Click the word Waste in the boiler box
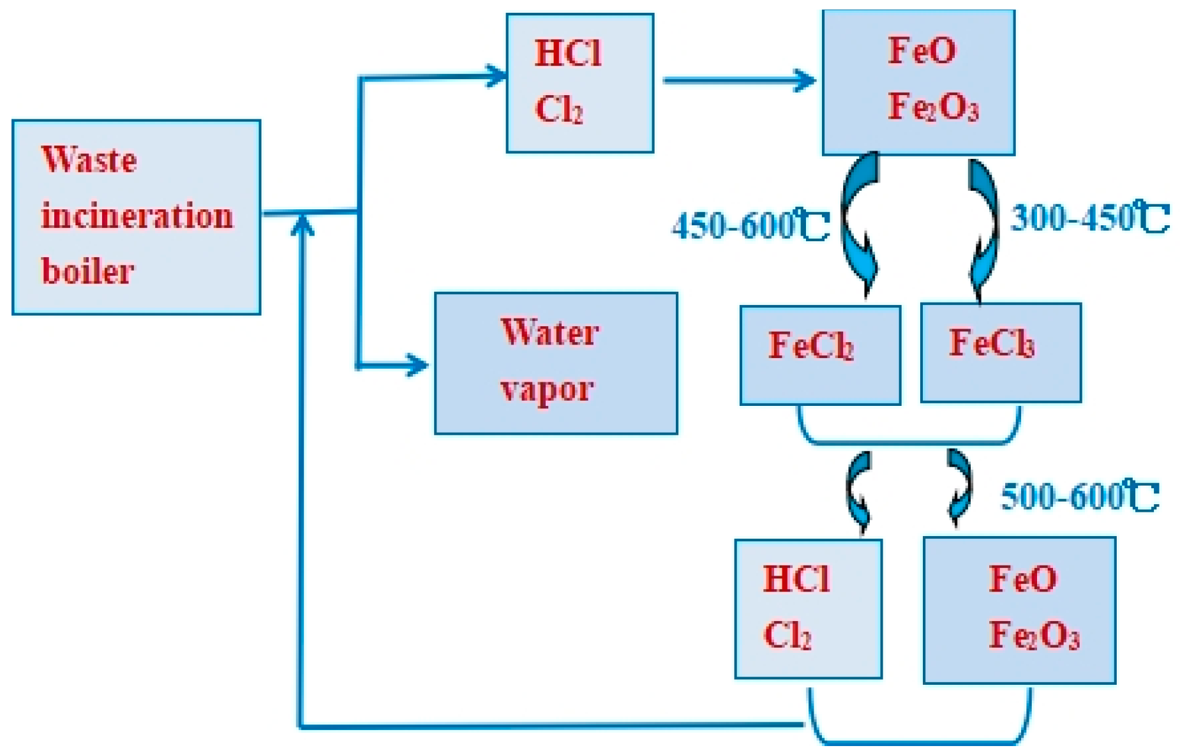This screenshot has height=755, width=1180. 89,160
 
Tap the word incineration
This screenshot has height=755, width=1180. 137,216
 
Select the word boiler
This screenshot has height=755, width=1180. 87,271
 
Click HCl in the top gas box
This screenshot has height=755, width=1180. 567,53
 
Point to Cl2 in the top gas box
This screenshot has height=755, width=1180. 558,110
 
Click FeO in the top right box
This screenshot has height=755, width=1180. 922,50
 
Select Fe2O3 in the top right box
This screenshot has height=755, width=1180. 932,107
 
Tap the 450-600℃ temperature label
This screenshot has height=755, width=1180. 750,225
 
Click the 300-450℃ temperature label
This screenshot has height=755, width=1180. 1089,218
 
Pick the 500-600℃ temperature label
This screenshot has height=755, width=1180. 1079,497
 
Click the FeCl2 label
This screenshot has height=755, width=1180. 810,346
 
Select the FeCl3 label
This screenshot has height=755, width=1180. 991,343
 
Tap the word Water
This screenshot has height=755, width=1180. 549,332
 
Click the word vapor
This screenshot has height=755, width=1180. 547,389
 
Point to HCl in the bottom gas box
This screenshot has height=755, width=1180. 796,579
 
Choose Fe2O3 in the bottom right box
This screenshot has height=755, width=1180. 1033,636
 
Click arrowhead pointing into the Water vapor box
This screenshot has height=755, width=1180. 417,365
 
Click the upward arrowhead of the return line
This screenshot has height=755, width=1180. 302,225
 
